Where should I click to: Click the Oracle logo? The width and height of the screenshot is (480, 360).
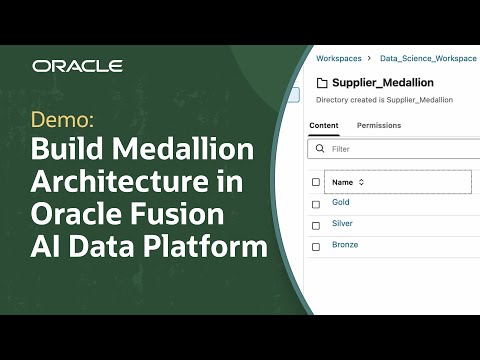tap(77, 66)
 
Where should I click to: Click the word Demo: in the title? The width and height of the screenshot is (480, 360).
tap(63, 121)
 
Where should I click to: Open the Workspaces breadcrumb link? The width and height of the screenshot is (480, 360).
tap(337, 59)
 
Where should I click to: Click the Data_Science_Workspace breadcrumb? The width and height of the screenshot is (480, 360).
tap(429, 59)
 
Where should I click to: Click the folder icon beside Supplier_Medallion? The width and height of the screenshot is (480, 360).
tap(322, 83)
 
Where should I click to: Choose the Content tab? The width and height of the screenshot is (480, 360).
tap(324, 126)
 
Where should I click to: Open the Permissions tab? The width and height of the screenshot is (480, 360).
tap(379, 126)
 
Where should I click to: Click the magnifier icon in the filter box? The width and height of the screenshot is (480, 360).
tap(320, 149)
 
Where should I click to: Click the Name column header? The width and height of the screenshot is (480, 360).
tap(342, 182)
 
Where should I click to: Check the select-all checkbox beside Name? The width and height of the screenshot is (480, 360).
tap(316, 182)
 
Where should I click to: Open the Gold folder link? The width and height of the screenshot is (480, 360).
tap(341, 202)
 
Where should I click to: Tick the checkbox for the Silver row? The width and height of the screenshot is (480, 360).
tap(316, 224)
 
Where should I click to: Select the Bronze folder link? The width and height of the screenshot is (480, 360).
tap(345, 245)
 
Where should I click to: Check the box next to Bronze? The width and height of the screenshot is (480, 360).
tap(316, 245)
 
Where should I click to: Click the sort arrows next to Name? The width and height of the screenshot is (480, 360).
tap(362, 182)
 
